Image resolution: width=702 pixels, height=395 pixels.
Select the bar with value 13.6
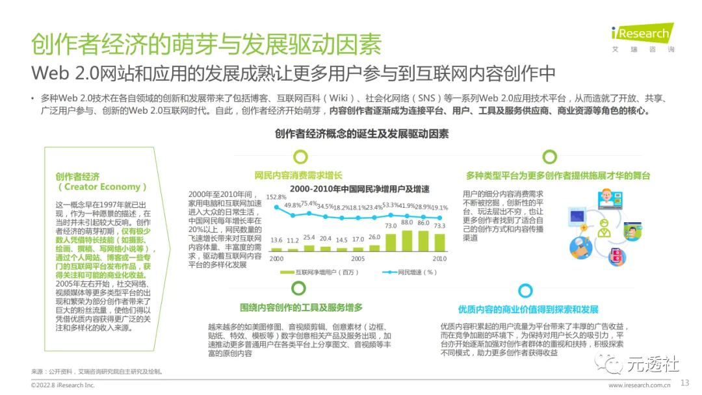[x=277, y=249]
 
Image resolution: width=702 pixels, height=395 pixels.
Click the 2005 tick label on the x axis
[x=358, y=258]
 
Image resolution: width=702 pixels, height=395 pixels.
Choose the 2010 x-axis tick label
[x=440, y=258]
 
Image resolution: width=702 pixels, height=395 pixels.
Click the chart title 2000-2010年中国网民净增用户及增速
[x=359, y=189]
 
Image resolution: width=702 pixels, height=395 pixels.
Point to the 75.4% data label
[x=309, y=204]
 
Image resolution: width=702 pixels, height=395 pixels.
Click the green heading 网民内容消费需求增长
[x=298, y=175]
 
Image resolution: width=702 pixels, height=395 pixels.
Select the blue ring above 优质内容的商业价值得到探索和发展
[x=525, y=290]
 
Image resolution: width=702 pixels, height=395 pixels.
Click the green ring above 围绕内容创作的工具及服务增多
[x=300, y=290]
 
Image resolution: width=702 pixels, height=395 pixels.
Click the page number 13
[x=684, y=383]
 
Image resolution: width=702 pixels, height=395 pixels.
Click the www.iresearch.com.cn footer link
[x=638, y=385]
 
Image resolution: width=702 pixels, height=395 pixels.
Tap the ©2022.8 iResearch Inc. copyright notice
[x=63, y=385]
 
